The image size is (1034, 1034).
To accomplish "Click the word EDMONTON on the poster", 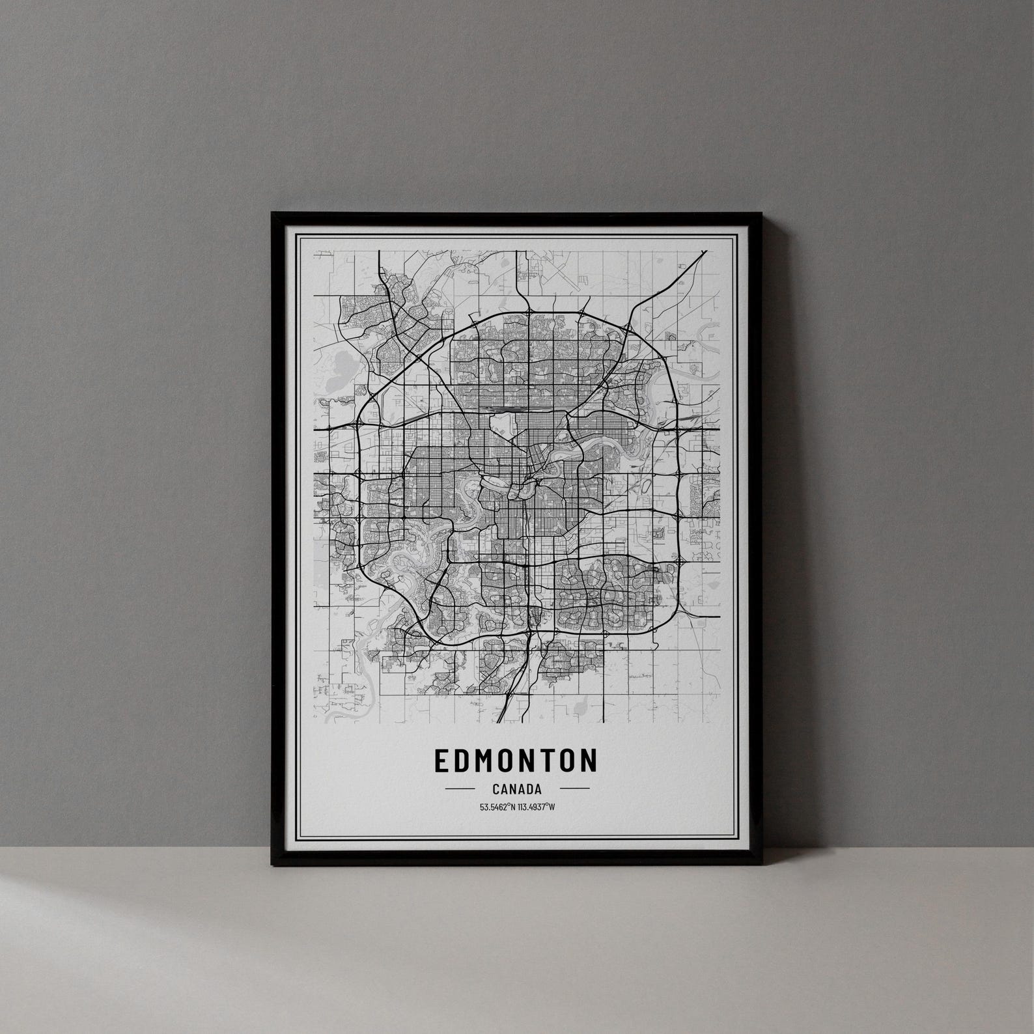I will point(515,761).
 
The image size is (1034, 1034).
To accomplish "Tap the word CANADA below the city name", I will point(517,789).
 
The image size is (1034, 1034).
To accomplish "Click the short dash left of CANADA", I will point(459,789).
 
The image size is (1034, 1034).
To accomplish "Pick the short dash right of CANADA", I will point(575,789).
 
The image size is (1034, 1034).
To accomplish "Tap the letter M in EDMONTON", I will point(478,761).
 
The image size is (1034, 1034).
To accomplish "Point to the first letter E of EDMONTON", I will point(440,761).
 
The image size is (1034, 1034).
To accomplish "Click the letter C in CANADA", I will point(496,789).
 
